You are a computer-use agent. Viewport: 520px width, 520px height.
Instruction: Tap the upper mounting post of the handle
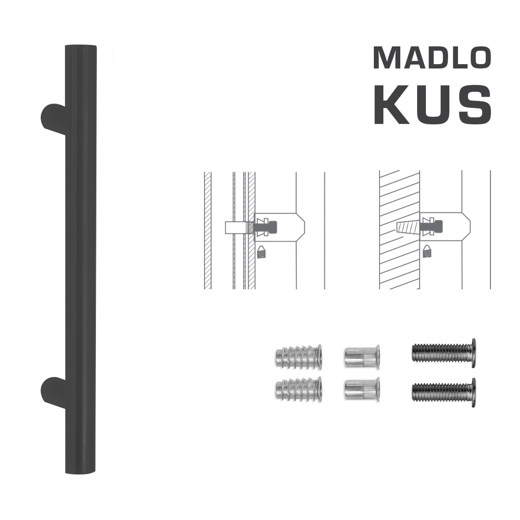tap(53, 118)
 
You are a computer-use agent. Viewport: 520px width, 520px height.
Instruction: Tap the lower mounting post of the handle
tap(53, 394)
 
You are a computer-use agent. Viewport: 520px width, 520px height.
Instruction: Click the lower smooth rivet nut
tap(362, 389)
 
